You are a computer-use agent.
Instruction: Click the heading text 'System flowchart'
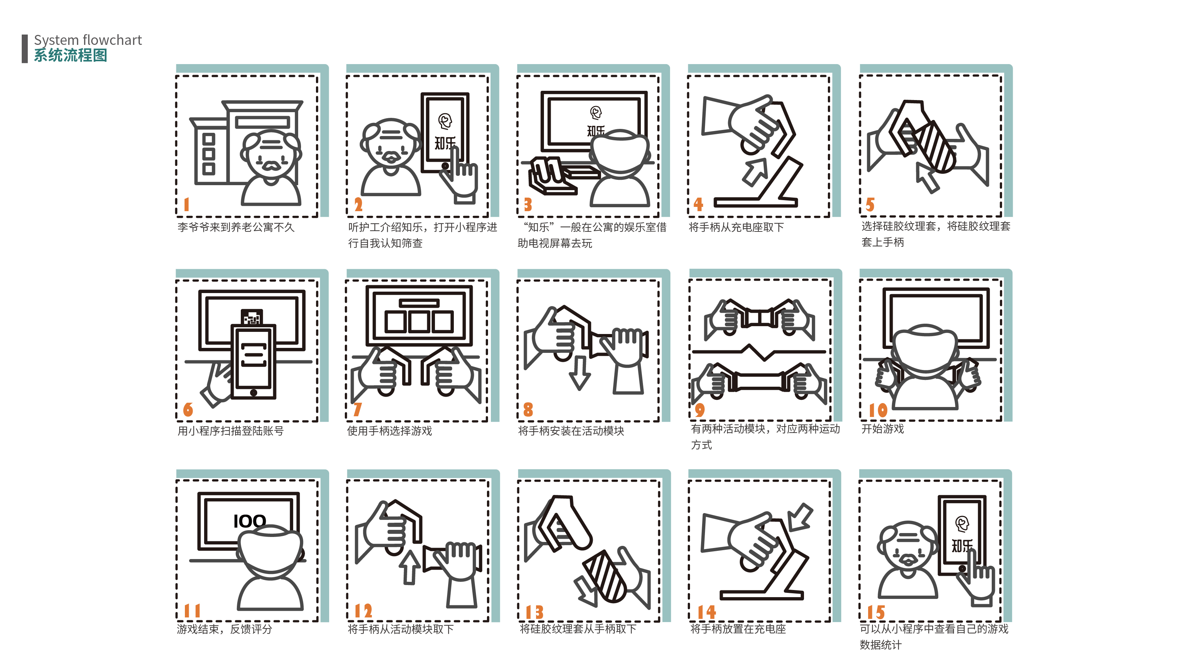point(88,40)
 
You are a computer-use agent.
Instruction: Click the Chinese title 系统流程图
point(70,55)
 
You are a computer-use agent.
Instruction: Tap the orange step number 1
point(186,204)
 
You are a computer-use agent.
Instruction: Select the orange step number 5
point(870,204)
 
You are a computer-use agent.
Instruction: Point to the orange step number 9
point(700,409)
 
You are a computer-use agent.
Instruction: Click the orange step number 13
point(534,612)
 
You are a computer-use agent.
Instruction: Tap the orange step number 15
point(876,612)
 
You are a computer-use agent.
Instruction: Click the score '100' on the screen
point(249,521)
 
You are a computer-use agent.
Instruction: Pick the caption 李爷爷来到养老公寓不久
point(236,227)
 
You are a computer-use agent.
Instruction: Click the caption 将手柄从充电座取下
point(736,227)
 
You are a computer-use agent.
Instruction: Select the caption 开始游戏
point(882,428)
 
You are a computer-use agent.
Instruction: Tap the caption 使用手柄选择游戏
point(389,430)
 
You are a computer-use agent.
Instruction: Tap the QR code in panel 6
point(252,317)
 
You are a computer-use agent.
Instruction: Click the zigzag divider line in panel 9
point(759,352)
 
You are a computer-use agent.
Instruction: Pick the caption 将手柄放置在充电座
point(738,628)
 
